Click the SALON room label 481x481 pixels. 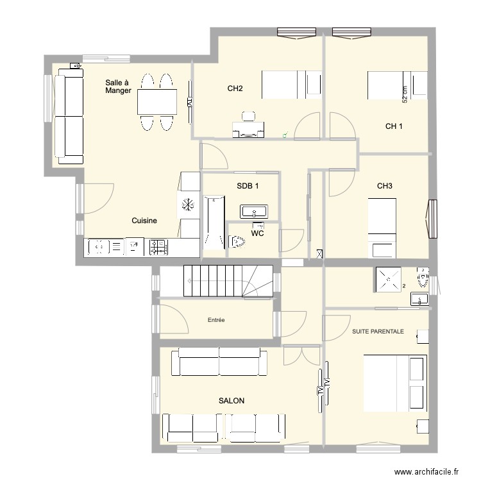(232, 401)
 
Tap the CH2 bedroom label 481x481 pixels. (235, 89)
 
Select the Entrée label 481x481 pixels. (216, 320)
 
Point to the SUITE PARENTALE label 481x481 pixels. (378, 332)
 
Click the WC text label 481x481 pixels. (257, 233)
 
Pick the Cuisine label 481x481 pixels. (144, 221)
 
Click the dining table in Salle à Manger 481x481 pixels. (157, 102)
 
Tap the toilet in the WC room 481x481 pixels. (237, 242)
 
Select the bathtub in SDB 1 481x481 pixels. (214, 223)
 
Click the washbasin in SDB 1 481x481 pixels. (254, 212)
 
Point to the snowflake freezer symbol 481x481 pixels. (187, 205)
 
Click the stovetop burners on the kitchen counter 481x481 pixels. (158, 248)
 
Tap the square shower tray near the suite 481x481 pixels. (389, 280)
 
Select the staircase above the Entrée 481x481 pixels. (228, 281)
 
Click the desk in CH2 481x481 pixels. (248, 130)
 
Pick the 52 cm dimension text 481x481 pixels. (405, 94)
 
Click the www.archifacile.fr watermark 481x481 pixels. (426, 471)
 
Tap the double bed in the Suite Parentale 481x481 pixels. (395, 384)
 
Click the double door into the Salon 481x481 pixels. (302, 355)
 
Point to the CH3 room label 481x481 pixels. (385, 186)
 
